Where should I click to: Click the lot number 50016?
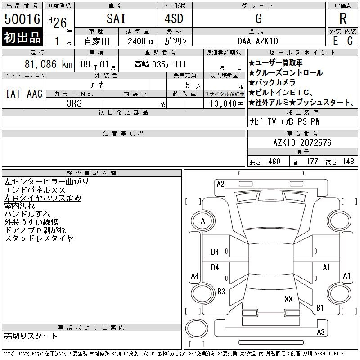click(22, 19)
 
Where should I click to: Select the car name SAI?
click(116, 18)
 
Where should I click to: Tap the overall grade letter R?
click(343, 18)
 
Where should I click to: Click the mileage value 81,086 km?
click(49, 64)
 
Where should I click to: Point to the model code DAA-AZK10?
click(258, 41)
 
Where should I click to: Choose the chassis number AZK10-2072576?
click(302, 143)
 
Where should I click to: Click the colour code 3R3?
click(74, 103)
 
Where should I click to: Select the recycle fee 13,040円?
click(227, 104)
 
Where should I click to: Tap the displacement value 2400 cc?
click(141, 41)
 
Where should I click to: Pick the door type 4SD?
click(174, 18)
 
